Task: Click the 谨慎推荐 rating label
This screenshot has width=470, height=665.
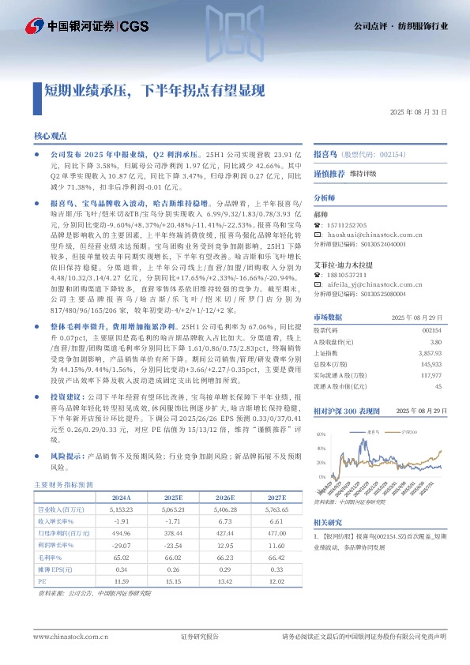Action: click(329, 173)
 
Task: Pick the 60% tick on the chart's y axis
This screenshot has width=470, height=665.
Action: click(321, 434)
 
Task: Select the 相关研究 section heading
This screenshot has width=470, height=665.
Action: click(328, 523)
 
